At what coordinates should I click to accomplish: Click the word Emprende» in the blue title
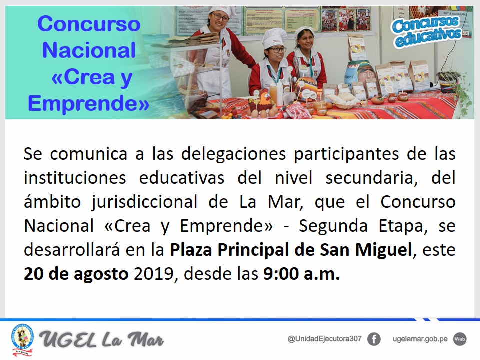click(x=89, y=103)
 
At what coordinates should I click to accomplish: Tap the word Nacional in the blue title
click(x=89, y=50)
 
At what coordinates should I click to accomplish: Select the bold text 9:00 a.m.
click(x=302, y=273)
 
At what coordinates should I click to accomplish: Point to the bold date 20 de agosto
click(x=76, y=274)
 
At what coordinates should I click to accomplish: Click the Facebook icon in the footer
click(x=374, y=339)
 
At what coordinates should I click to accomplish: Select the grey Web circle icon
click(x=460, y=339)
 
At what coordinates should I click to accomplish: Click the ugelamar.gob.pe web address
click(x=420, y=339)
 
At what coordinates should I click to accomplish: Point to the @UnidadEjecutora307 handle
click(x=325, y=339)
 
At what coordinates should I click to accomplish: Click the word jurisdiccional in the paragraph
click(x=144, y=202)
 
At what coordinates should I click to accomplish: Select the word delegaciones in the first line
click(x=233, y=154)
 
